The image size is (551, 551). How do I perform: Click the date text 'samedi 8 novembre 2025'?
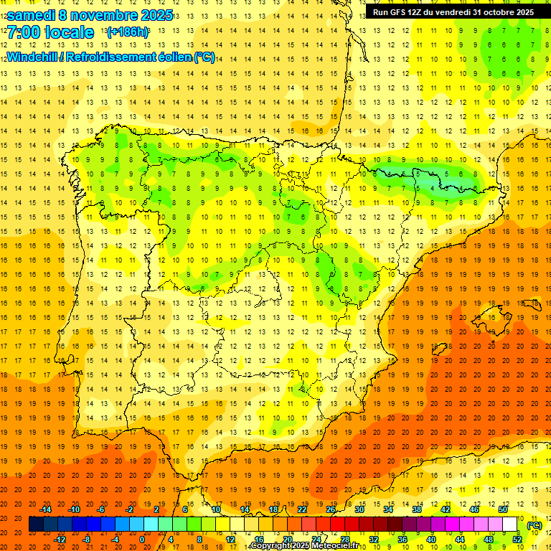point(90,15)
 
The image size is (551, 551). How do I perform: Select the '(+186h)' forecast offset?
point(128,32)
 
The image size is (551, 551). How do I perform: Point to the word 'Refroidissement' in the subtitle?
point(127,57)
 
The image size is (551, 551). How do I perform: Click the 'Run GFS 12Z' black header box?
point(453,12)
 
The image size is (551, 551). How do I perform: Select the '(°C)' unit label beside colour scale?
point(534,525)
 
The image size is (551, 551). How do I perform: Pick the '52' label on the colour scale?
point(517,540)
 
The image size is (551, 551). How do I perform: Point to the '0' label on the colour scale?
point(142,540)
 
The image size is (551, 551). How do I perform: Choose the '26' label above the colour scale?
point(331,509)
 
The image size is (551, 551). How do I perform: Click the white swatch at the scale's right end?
point(510,524)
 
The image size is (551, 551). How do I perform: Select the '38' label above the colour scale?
point(417,509)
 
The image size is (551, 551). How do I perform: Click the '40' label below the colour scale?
point(431,540)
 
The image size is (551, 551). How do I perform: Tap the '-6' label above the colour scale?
point(102,509)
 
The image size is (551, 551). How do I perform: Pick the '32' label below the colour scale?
point(374,540)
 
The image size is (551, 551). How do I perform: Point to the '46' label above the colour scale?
point(474,509)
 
